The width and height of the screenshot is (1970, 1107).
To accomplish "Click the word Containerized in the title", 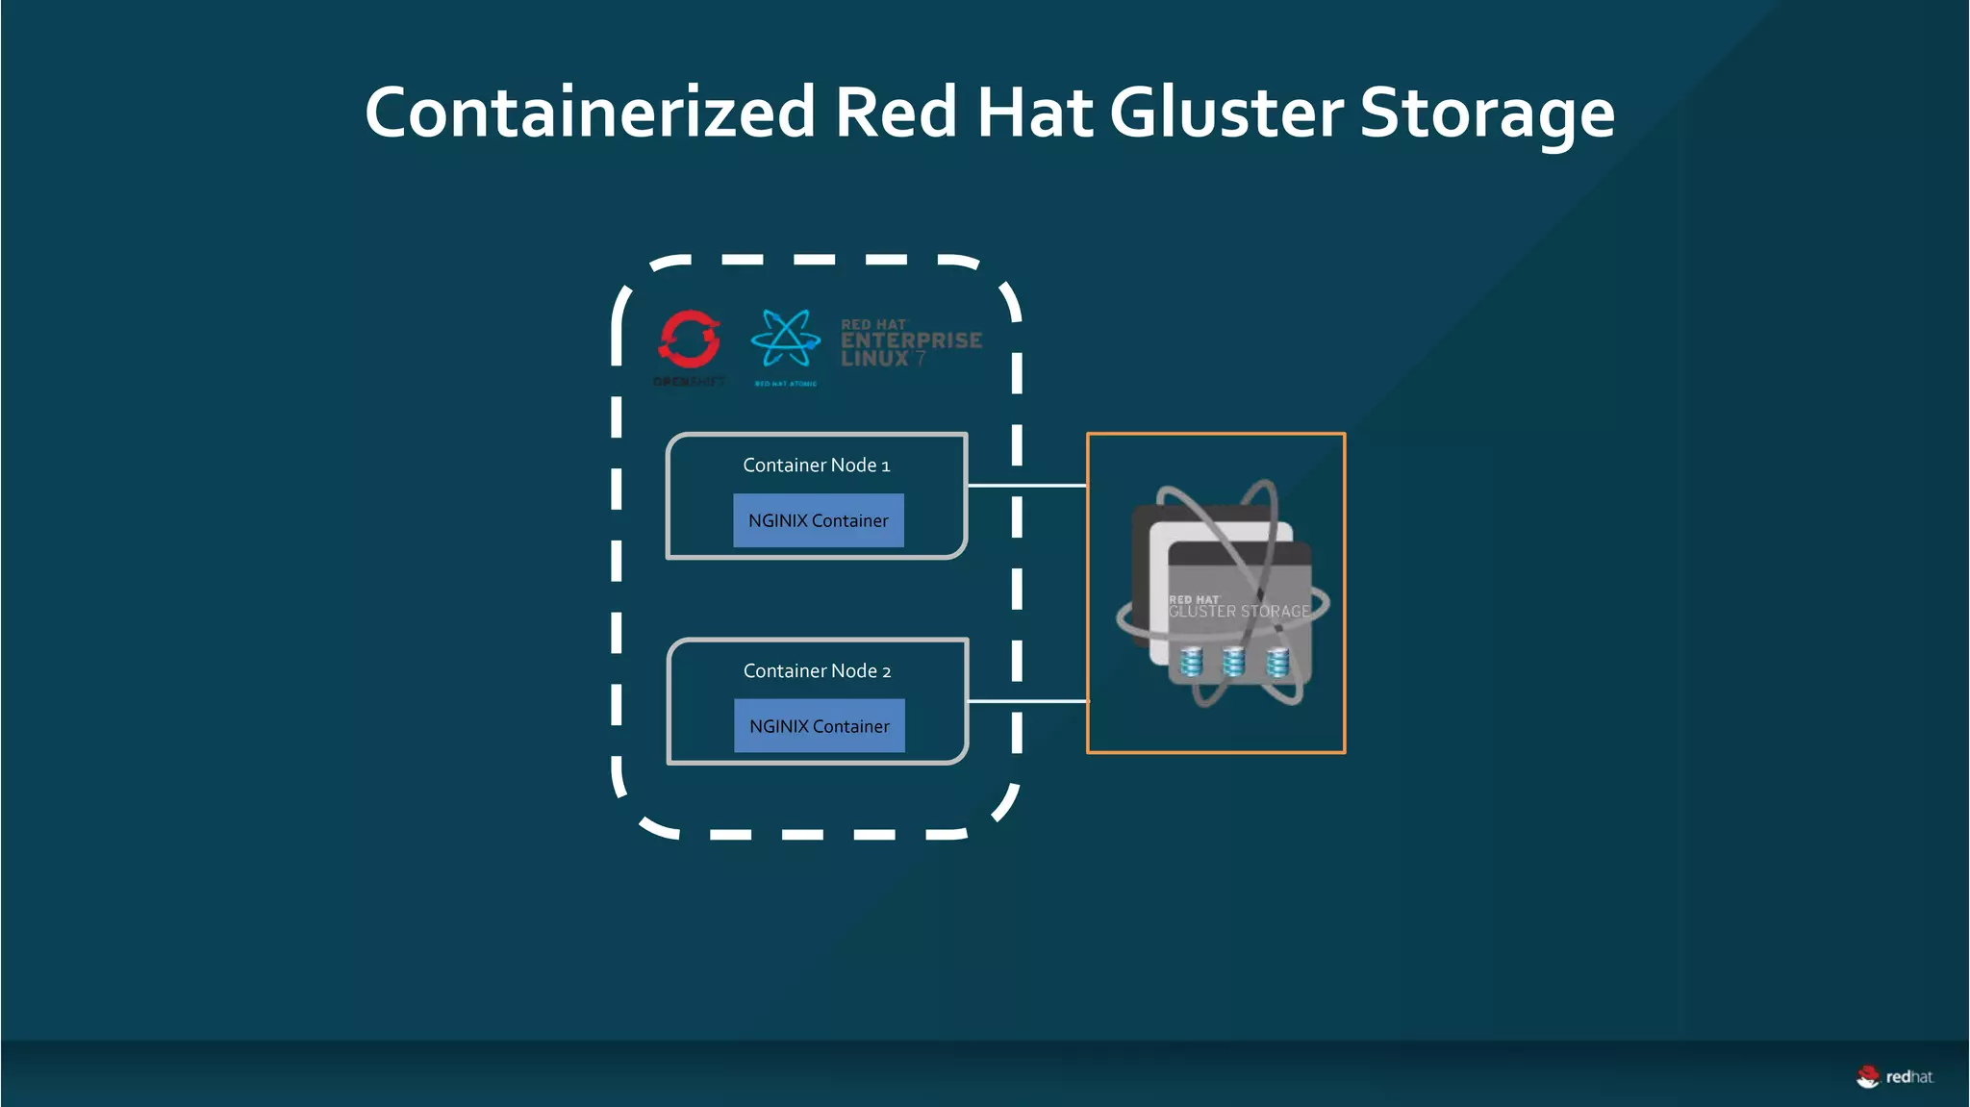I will tap(590, 113).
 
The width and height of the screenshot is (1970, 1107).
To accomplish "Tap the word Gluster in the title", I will tap(1225, 113).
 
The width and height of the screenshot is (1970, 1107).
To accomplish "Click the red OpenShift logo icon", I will tap(689, 339).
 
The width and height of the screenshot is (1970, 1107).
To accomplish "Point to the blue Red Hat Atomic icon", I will tap(785, 339).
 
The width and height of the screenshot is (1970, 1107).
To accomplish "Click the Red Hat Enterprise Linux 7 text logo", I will tap(910, 342).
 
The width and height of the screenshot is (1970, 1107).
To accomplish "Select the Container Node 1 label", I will tap(816, 465).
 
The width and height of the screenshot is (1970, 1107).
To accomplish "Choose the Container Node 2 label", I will tap(817, 671).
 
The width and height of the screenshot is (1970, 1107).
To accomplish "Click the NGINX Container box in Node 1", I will tap(818, 520).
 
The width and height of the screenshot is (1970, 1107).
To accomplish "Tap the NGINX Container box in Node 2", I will tap(819, 726).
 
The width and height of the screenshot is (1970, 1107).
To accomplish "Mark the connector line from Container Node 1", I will tap(1026, 486).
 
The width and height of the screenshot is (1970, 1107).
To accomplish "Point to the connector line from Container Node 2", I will tap(1026, 701).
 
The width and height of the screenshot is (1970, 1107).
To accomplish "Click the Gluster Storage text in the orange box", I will tap(1239, 612).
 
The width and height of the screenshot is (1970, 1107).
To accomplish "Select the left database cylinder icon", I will tap(1191, 662).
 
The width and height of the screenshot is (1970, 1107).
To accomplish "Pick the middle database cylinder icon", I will tap(1233, 662).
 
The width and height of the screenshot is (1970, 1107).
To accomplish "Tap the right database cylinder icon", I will tap(1277, 662).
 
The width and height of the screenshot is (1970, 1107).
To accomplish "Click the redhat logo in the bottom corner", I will tap(1894, 1077).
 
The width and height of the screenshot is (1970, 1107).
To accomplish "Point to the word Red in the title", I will tap(895, 113).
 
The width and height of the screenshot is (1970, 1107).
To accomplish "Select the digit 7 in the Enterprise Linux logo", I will tap(921, 359).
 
